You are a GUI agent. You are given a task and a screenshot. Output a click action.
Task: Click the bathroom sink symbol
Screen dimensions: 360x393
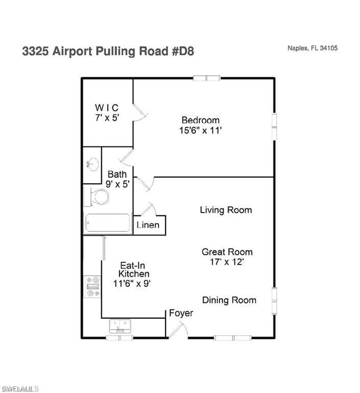coord(93,164)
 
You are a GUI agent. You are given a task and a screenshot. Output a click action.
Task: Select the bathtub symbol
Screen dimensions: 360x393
coord(108,223)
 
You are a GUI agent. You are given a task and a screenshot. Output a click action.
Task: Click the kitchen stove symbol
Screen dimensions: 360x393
coord(93,287)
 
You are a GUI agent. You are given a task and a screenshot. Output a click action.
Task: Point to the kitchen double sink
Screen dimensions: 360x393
coord(120,326)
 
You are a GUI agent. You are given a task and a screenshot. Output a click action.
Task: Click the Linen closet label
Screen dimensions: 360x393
coord(148,225)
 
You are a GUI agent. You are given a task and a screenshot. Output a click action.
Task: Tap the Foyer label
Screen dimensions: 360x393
coord(181,313)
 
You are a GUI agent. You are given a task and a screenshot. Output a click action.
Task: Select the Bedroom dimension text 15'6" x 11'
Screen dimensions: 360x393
coord(200,130)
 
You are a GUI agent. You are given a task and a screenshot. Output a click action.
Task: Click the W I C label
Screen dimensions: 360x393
coord(106,108)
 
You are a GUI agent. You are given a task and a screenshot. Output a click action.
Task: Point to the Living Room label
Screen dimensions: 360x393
coord(226,210)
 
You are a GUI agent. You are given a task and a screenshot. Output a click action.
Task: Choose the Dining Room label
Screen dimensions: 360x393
coord(229,300)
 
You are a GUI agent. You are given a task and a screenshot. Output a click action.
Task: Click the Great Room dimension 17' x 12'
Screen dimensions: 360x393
coord(227,262)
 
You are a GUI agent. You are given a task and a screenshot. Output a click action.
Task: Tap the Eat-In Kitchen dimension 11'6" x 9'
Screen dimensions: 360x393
coord(132,283)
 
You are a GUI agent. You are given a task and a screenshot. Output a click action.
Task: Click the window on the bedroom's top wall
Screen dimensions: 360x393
coord(207,78)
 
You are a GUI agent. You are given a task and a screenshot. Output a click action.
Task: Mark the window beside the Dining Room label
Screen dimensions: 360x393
coord(274,300)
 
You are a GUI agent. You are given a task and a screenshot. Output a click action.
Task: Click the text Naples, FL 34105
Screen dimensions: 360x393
coord(312,48)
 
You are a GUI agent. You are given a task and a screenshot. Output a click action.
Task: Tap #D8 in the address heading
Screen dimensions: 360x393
coord(183,51)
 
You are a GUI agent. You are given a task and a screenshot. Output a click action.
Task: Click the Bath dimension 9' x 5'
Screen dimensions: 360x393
coord(118,184)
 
